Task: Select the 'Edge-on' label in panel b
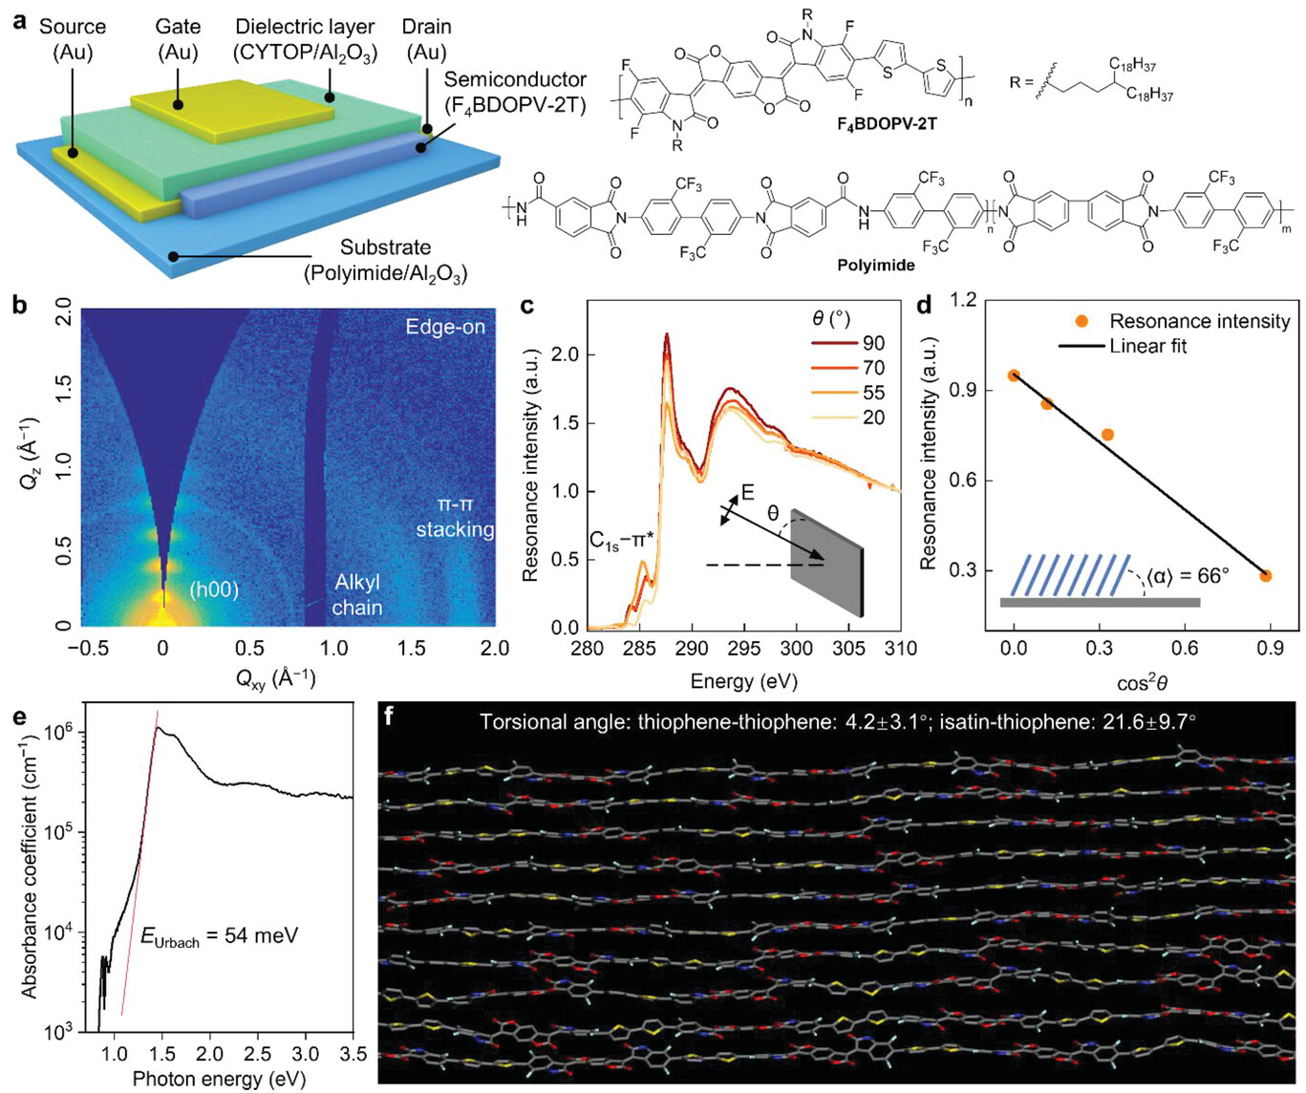(445, 327)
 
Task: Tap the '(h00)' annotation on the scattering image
(212, 589)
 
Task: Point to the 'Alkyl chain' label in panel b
(356, 595)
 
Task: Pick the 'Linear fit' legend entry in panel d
(1147, 346)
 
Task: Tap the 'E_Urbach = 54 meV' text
(219, 936)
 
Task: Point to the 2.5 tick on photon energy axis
(258, 1054)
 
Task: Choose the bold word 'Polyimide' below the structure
(876, 266)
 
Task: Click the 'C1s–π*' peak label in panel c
(621, 542)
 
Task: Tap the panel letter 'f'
(387, 715)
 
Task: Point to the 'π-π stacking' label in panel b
(455, 517)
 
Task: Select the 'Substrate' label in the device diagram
(385, 247)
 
